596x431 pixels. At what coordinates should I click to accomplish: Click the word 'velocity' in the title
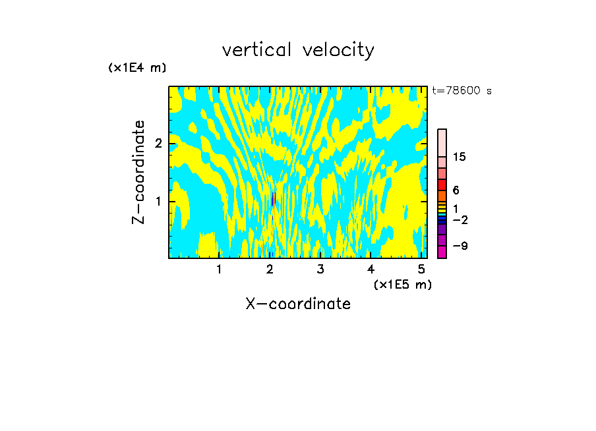click(x=338, y=50)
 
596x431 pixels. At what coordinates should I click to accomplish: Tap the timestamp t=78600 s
click(x=462, y=91)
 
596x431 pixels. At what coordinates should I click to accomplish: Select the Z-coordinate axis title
click(x=138, y=172)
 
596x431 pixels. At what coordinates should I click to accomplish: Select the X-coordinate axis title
click(x=298, y=304)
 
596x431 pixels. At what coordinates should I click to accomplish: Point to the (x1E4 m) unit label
click(x=137, y=68)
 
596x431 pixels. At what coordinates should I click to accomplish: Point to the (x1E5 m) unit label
click(x=402, y=284)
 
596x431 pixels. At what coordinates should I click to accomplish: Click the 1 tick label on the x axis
click(x=219, y=269)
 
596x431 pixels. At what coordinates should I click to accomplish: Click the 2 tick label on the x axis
click(x=270, y=269)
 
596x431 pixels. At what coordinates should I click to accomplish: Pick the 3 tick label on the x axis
click(x=320, y=269)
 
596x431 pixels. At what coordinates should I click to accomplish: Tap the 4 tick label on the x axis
click(x=371, y=269)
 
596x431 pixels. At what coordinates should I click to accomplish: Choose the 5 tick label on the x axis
click(x=421, y=269)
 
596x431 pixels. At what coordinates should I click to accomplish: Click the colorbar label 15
click(x=460, y=157)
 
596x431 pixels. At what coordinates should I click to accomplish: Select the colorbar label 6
click(x=456, y=190)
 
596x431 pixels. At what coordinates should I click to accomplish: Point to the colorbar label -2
click(x=460, y=219)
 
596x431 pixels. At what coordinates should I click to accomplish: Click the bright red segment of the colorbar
click(x=442, y=185)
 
